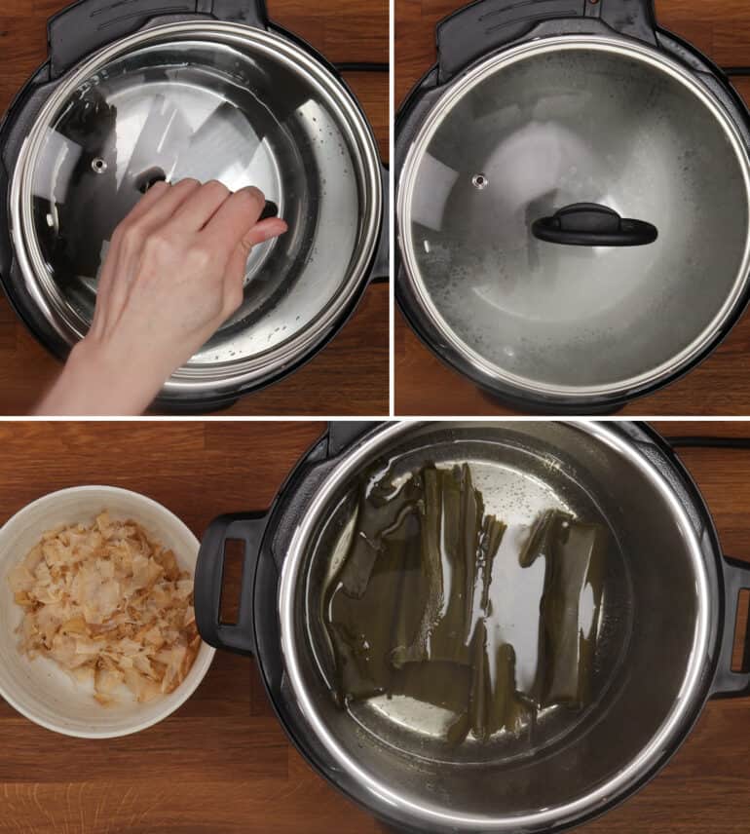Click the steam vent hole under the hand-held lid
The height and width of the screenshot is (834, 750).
tap(99, 165)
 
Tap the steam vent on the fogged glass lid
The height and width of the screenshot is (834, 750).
tap(479, 180)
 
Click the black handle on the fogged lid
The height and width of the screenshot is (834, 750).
tap(593, 228)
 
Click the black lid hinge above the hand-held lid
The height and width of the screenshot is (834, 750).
tap(156, 24)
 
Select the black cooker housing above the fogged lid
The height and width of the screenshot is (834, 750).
tap(545, 24)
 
